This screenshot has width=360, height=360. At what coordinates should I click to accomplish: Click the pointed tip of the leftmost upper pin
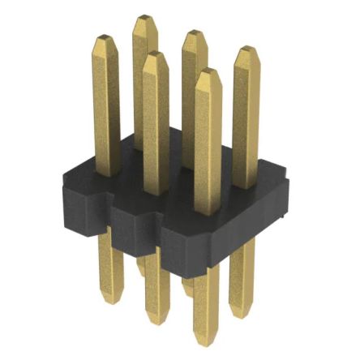pyautogui.click(x=105, y=39)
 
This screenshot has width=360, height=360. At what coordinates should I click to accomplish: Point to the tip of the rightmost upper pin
pyautogui.click(x=246, y=50)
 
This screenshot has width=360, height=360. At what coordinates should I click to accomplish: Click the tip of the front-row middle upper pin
pyautogui.click(x=156, y=55)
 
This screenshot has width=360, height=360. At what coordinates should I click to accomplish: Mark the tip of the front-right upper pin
pyautogui.click(x=208, y=73)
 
